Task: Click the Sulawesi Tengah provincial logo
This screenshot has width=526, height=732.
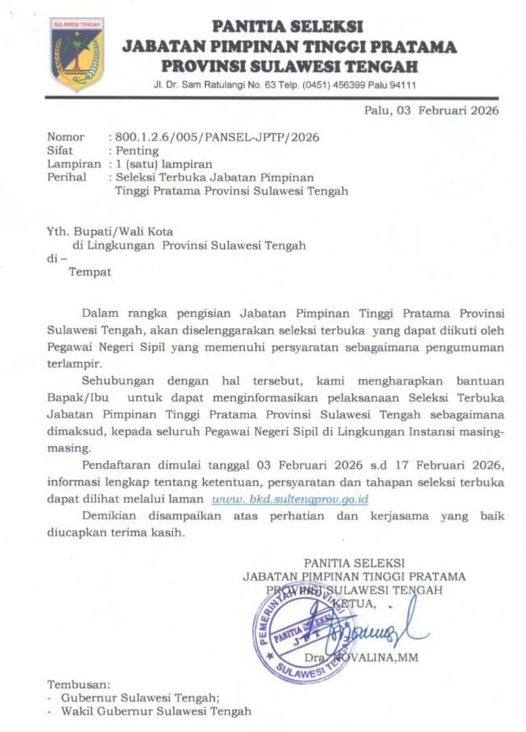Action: click(77, 54)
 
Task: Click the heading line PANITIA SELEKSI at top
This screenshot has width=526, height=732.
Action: click(287, 28)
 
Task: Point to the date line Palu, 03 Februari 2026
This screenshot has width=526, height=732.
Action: click(433, 111)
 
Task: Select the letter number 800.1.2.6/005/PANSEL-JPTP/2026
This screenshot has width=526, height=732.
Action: click(217, 137)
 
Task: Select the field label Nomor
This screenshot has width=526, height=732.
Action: click(66, 137)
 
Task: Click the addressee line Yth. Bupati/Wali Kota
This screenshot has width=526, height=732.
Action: click(110, 232)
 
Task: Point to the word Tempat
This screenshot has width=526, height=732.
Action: click(89, 272)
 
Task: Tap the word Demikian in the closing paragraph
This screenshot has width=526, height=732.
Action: click(111, 516)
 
